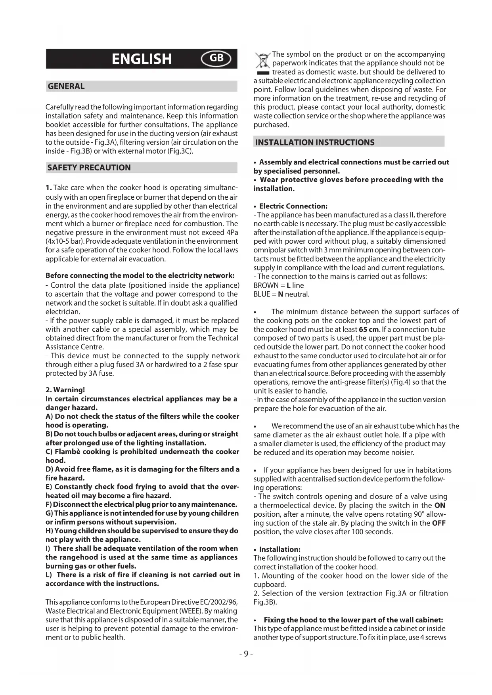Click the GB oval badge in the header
(x=216, y=59)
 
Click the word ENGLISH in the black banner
(x=142, y=59)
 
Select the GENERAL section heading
(x=66, y=86)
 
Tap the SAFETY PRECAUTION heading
(x=89, y=168)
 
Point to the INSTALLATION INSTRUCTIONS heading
(x=315, y=143)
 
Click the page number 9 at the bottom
(x=246, y=654)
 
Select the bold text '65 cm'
(x=369, y=330)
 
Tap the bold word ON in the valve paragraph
(x=440, y=506)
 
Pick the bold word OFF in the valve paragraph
(x=439, y=523)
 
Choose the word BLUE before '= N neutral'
(x=262, y=294)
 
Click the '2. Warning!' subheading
(x=65, y=390)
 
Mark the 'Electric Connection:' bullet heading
(x=293, y=206)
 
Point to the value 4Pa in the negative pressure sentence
(x=232, y=233)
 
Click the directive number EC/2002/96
(x=217, y=602)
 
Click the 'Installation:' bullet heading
(x=280, y=550)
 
